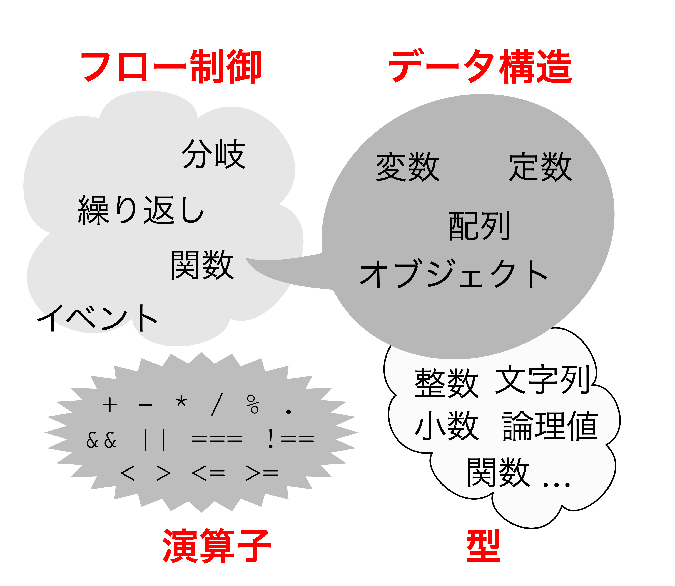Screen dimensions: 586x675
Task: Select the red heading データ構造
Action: click(480, 66)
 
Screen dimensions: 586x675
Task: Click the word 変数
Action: click(407, 167)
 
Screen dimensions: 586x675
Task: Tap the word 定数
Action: click(541, 167)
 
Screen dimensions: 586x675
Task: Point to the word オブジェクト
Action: click(454, 274)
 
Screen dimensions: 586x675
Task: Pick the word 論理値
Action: click(550, 426)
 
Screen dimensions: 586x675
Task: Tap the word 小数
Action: click(446, 426)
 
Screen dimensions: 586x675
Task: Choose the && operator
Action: click(101, 440)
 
